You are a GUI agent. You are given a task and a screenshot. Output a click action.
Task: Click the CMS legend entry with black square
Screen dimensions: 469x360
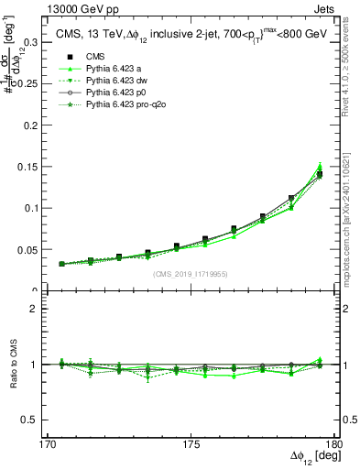tap(94, 57)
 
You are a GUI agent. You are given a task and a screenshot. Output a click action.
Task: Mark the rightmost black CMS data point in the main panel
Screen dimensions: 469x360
tap(319, 174)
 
